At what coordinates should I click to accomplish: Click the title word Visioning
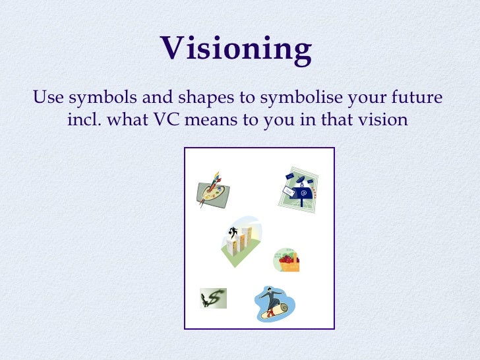click(x=236, y=49)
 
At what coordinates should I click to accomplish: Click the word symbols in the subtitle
click(x=96, y=99)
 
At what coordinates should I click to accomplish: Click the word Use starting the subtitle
click(x=47, y=99)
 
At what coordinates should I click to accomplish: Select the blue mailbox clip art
click(x=303, y=192)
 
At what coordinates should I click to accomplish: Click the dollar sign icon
click(x=213, y=298)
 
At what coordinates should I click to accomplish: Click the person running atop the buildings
click(x=233, y=231)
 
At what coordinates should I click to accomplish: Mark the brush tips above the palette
click(x=215, y=177)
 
